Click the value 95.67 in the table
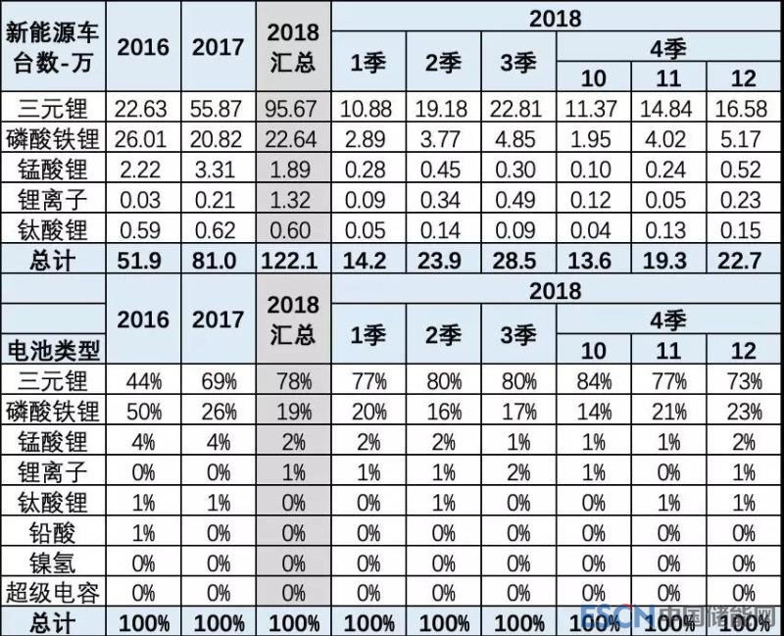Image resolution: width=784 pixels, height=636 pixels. coord(291,108)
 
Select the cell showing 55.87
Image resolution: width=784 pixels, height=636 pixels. coord(218,108)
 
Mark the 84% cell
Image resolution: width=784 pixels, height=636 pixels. coord(593,380)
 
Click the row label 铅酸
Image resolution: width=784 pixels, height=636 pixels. coord(49,532)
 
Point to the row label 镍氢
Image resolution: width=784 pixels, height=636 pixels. coord(49,563)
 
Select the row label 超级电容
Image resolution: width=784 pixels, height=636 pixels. coord(49,593)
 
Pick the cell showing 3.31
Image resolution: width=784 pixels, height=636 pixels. coord(218,170)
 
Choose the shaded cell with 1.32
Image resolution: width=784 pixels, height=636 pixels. coord(291,200)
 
